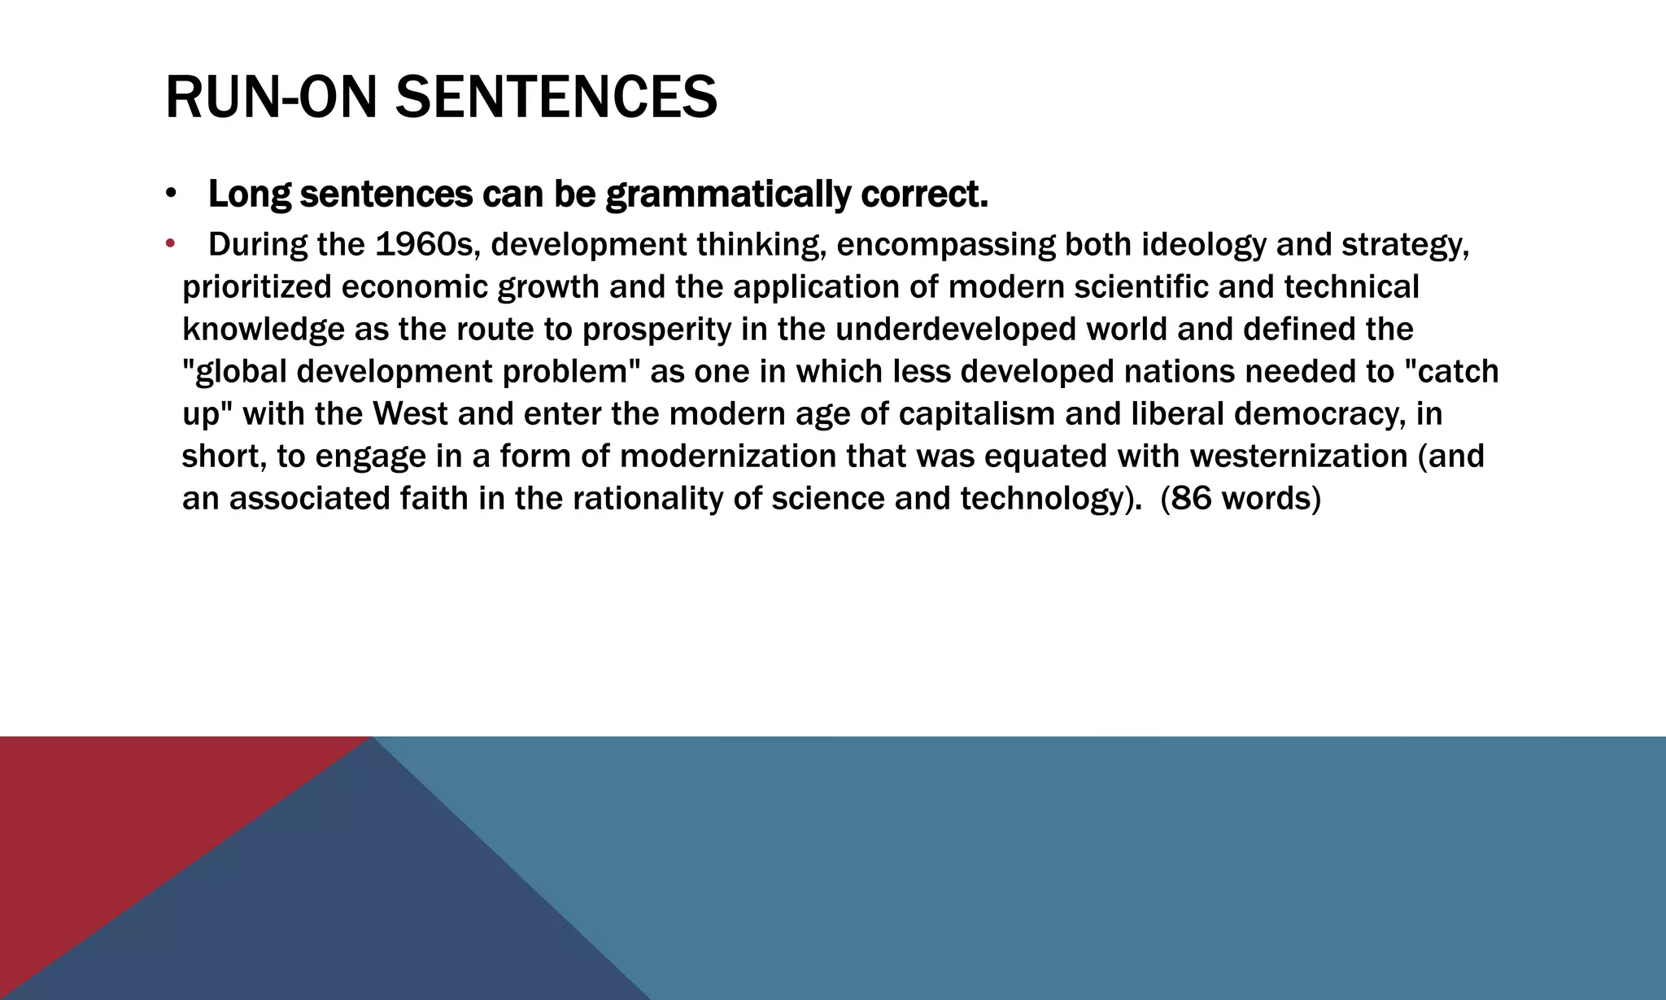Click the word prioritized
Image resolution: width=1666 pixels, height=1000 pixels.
(256, 287)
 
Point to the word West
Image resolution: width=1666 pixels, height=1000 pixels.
(410, 414)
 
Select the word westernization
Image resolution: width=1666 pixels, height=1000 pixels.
(1298, 456)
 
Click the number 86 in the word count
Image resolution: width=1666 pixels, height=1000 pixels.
(1191, 499)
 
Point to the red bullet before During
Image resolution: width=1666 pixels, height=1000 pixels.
(170, 243)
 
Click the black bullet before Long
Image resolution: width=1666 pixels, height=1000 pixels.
(170, 194)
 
